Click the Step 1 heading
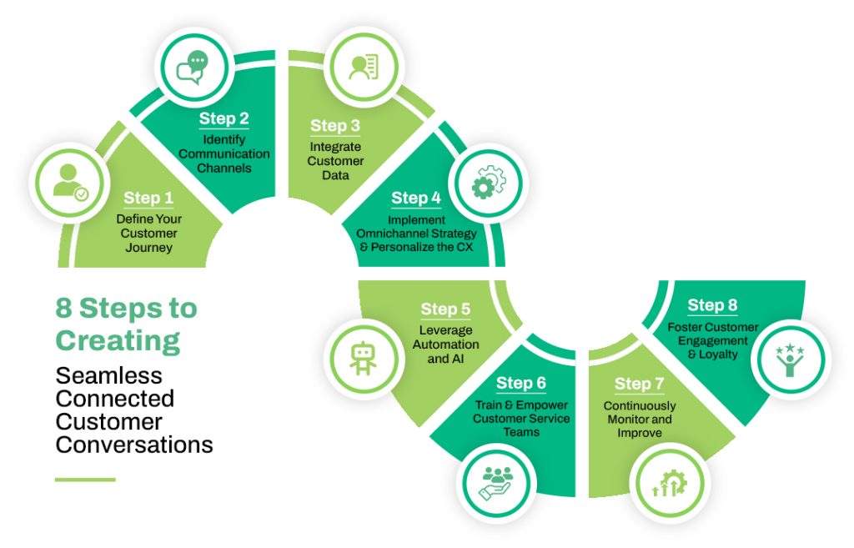click(148, 198)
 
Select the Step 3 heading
click(335, 126)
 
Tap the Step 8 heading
click(712, 305)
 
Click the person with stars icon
click(789, 359)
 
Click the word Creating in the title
click(118, 340)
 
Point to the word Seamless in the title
click(109, 375)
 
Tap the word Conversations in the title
click(134, 445)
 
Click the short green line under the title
click(85, 480)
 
